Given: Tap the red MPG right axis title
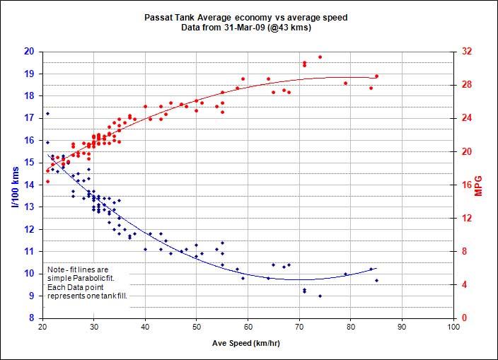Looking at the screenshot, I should [487, 185].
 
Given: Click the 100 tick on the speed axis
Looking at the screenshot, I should [453, 328].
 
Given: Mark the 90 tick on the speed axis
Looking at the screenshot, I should [402, 328].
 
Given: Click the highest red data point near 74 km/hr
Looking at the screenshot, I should [320, 57].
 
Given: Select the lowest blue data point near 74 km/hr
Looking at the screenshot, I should [320, 296].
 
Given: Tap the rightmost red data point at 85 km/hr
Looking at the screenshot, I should [376, 76].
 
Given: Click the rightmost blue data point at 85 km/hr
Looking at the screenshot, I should [376, 280].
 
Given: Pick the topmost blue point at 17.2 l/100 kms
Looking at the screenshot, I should [47, 113].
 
